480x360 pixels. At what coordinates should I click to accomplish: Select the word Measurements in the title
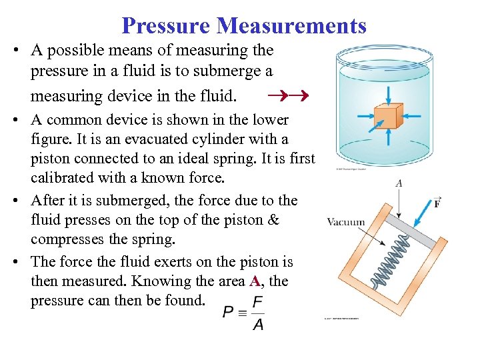[292, 25]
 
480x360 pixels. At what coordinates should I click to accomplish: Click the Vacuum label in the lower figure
[346, 222]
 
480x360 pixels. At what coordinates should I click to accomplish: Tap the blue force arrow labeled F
[422, 210]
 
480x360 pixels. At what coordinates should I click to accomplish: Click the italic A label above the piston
[398, 183]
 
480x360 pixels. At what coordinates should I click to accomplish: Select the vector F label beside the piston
[437, 202]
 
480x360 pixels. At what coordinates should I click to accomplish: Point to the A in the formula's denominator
[257, 324]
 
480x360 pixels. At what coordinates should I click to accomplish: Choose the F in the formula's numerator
[257, 302]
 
